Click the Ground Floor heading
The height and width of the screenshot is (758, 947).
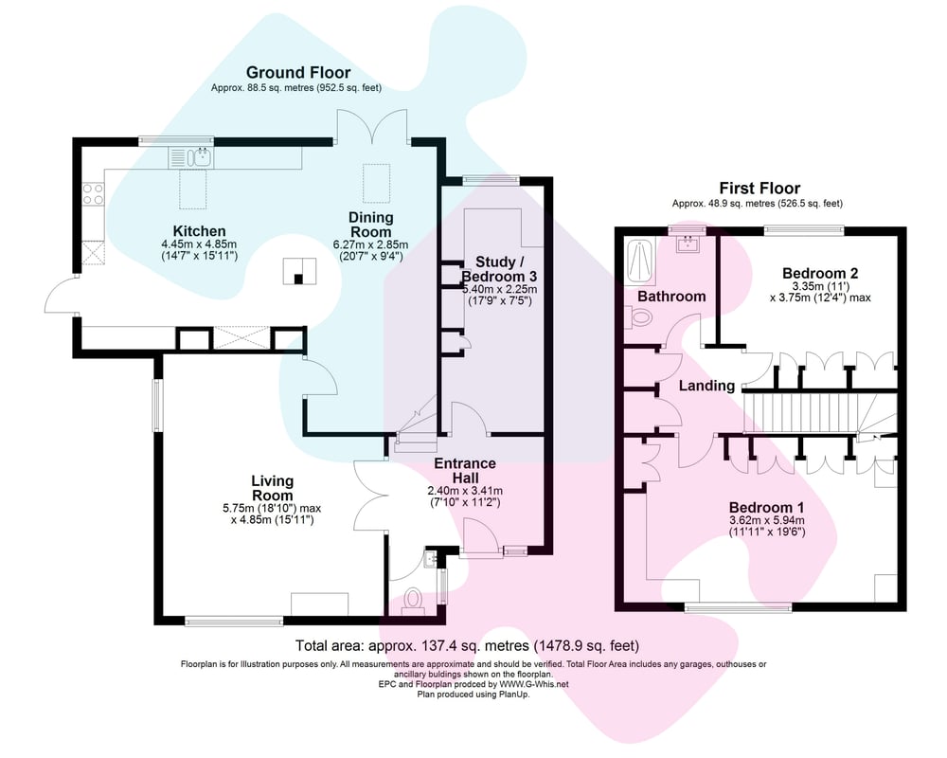coord(298,73)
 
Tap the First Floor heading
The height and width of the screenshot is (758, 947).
coord(759,188)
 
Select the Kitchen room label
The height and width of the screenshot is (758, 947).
coord(199,231)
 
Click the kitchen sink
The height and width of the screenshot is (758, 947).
coord(200,158)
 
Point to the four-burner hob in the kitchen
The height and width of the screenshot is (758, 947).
coord(93,193)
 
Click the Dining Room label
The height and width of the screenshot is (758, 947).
coord(371,225)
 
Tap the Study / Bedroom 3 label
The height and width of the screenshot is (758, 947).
coord(498,269)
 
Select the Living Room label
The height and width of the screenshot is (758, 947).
coord(273,488)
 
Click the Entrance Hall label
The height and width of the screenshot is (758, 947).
coord(465,470)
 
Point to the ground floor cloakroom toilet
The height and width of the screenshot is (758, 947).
coord(414,600)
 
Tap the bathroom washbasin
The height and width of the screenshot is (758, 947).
coord(688,244)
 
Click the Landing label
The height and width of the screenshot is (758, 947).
coord(706,386)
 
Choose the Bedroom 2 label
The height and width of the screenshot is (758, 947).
coord(820,273)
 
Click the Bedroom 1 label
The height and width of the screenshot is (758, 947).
coord(766,508)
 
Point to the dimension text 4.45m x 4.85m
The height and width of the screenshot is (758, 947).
coord(199,244)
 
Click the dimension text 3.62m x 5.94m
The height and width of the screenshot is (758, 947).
coord(767,520)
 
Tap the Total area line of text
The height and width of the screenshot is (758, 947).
coord(467,645)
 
